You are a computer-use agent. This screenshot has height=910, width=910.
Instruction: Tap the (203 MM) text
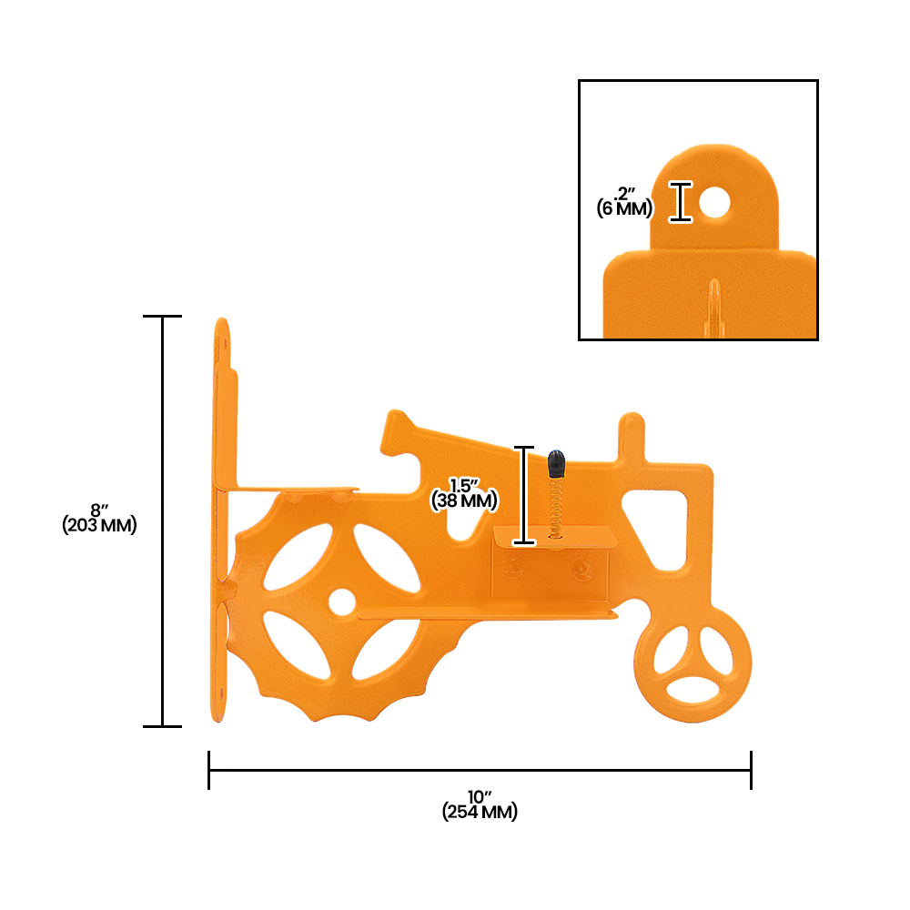pos(99,525)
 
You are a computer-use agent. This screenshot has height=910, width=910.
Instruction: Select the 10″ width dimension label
pos(479,798)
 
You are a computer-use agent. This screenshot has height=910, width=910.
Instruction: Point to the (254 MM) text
pos(480,813)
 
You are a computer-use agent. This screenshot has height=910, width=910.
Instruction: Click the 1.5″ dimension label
pos(464,485)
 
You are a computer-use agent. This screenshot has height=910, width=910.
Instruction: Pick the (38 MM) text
pos(464,500)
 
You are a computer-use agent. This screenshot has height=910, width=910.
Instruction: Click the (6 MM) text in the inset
pos(625,208)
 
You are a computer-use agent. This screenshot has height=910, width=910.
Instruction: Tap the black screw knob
pos(555,464)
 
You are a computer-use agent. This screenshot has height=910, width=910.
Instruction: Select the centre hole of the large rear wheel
pos(342,601)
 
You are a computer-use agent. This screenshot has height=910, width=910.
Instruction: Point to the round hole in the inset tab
pos(714,203)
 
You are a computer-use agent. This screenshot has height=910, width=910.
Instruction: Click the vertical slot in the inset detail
pos(715,305)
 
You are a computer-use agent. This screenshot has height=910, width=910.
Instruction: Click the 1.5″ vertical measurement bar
pos(523,495)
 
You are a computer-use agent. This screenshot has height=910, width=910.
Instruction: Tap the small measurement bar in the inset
pos(682,201)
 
